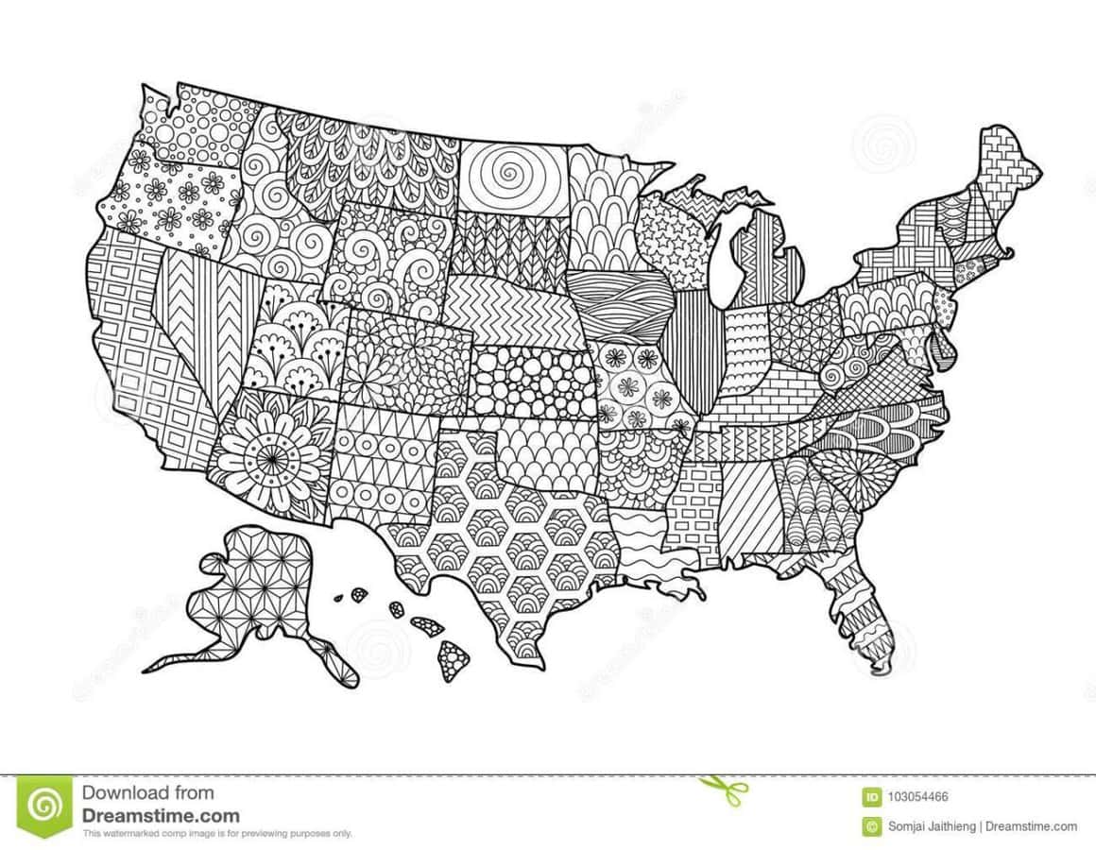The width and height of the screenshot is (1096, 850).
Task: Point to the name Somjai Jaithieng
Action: pyautogui.click(x=932, y=826)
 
